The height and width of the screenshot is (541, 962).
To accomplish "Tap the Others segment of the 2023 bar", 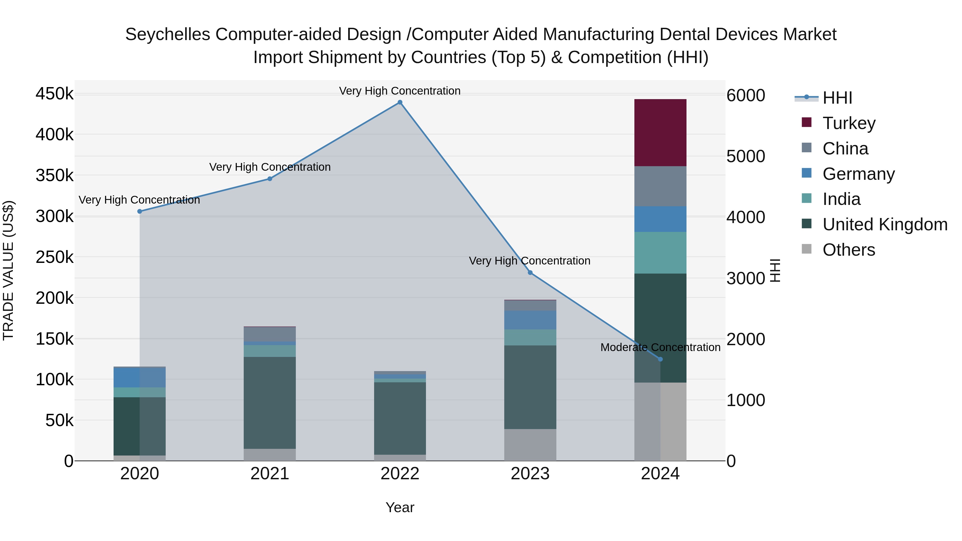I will tap(530, 445).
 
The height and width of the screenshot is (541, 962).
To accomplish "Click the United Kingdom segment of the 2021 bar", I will tap(270, 403).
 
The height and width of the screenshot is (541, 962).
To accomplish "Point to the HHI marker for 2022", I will tap(399, 102).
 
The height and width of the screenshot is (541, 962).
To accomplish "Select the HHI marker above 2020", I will tap(140, 211).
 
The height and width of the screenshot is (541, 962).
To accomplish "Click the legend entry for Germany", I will tap(858, 174).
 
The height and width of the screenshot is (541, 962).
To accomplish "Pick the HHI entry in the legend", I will tap(837, 98).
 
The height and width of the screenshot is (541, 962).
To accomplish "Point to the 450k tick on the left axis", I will tap(55, 94).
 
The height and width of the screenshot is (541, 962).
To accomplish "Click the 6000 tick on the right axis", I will tap(745, 95).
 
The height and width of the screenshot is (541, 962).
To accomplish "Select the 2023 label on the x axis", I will tap(530, 474).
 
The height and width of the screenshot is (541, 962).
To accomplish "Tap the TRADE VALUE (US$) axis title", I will tap(8, 270).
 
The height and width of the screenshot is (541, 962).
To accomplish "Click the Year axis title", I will tap(399, 507).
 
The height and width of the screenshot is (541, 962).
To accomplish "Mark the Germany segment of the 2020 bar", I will tap(140, 377).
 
